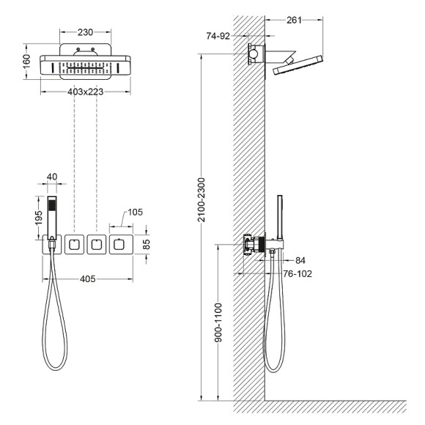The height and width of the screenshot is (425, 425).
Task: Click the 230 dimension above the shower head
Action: pos(85,32)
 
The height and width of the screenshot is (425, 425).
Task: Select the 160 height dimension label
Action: pos(26,62)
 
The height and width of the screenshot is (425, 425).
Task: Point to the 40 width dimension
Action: pos(51,177)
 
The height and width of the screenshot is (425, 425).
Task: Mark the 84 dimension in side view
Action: pos(300,260)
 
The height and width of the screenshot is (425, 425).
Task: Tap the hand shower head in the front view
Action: pos(51,212)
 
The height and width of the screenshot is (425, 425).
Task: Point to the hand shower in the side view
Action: pos(280,216)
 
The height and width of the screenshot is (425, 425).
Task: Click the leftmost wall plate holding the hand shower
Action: pos(51,245)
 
